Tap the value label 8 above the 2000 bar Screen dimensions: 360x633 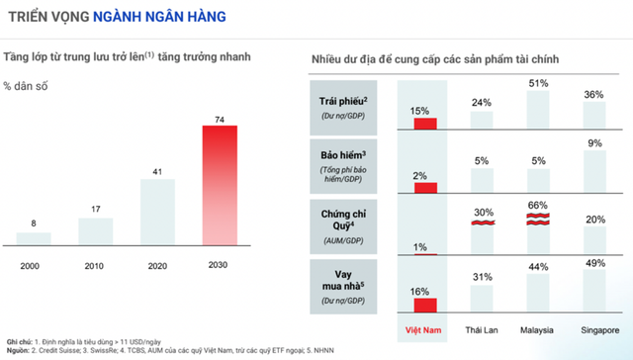pos(34,224)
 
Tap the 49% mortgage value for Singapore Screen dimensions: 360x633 pos(595,262)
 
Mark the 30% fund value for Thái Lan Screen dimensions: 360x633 pos(483,213)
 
